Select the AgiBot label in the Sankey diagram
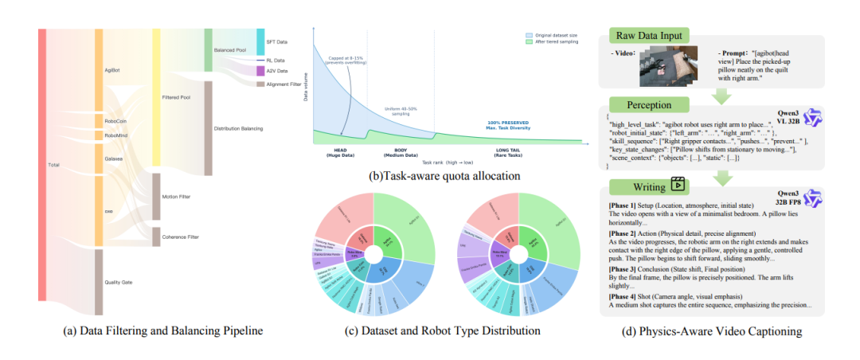pyautogui.click(x=113, y=70)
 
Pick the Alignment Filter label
pyautogui.click(x=288, y=84)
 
